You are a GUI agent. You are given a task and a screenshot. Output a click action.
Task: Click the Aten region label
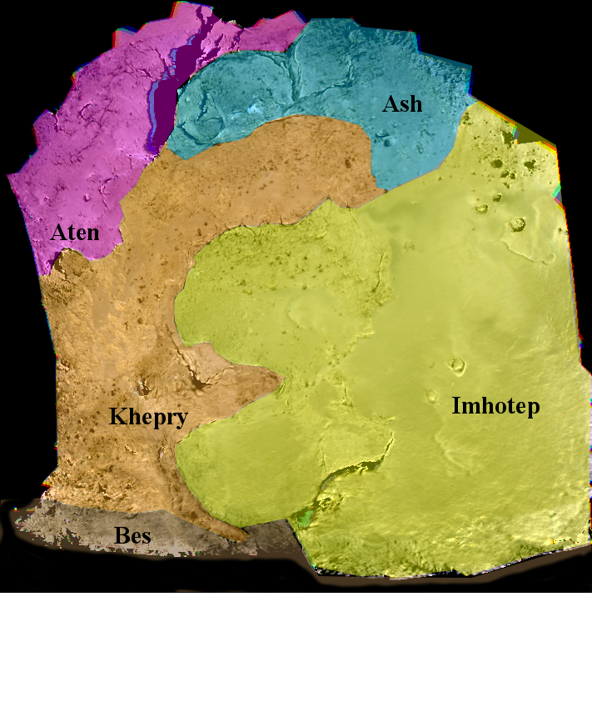coord(74,232)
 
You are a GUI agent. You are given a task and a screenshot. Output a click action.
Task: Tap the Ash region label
coord(402,104)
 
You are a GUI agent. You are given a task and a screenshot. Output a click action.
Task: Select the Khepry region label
coord(147,417)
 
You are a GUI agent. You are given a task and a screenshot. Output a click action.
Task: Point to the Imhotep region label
coord(495,406)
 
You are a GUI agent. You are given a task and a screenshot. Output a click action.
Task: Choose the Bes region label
coord(132,535)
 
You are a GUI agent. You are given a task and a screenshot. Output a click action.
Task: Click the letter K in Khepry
coord(117,416)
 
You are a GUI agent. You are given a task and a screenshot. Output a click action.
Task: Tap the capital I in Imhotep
coord(455,406)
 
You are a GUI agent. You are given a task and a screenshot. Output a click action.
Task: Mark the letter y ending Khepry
coord(181,419)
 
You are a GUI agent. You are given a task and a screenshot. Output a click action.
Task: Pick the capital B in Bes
coord(121,535)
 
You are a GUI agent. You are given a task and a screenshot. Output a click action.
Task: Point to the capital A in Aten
coord(58,232)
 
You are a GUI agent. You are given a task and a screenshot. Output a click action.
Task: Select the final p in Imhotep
coord(534,409)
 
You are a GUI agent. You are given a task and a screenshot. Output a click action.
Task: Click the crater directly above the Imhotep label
coord(456,364)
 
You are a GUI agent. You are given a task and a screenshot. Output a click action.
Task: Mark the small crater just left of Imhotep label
coord(431,396)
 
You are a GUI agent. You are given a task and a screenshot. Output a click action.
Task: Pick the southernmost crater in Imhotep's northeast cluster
coord(518,224)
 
